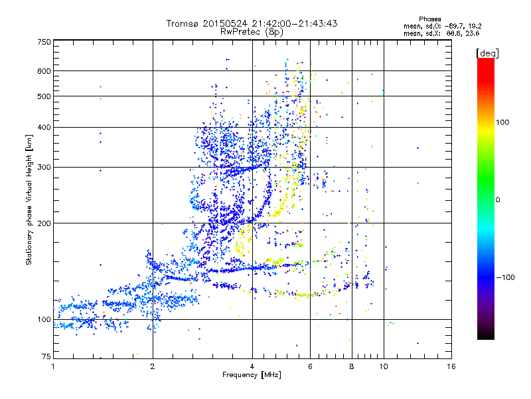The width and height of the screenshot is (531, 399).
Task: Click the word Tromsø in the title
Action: click(184, 23)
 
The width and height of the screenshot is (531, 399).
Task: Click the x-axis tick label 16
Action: click(450, 366)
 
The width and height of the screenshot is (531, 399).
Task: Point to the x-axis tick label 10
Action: click(383, 366)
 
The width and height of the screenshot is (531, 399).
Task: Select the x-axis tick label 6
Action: click(310, 366)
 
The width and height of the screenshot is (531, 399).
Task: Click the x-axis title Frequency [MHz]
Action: click(252, 376)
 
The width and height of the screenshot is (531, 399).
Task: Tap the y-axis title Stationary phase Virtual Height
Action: click(29, 199)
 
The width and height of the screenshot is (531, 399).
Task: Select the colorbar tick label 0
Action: click(498, 199)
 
